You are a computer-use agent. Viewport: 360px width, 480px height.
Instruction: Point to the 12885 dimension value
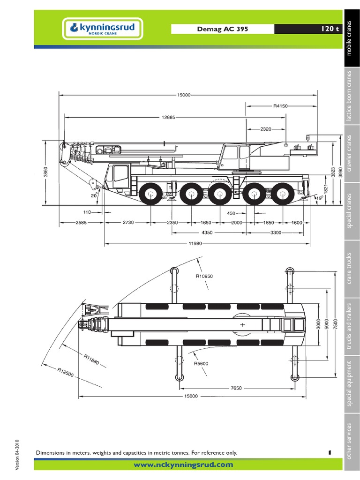point(168,117)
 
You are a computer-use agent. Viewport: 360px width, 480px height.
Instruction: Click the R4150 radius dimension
point(280,106)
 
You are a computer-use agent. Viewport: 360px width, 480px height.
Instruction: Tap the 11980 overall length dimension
point(208,243)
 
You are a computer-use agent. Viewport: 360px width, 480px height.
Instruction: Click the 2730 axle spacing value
point(128,223)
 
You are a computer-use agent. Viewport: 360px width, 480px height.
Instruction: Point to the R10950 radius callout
point(204,277)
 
